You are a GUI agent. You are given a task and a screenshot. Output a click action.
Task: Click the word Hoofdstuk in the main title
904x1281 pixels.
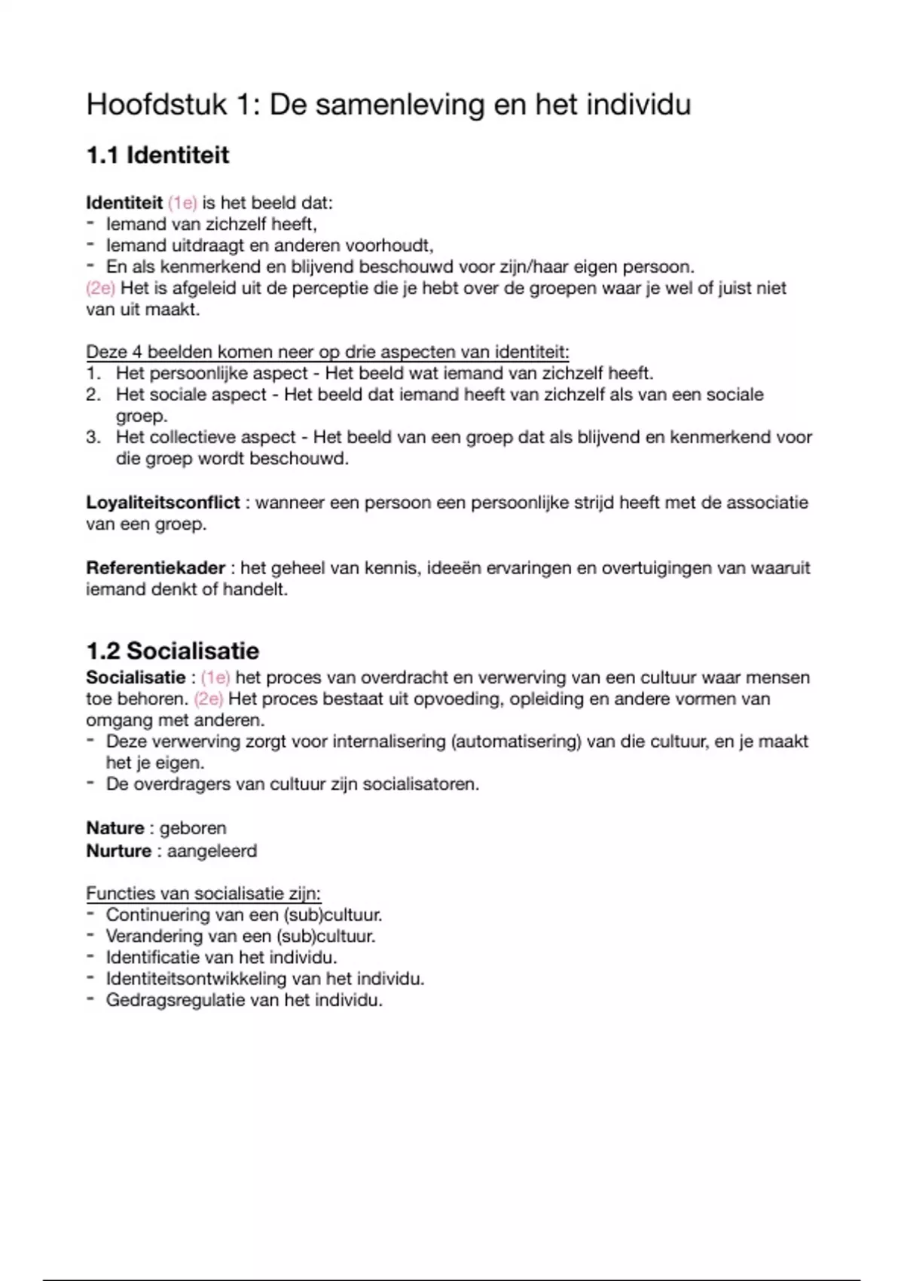(x=156, y=104)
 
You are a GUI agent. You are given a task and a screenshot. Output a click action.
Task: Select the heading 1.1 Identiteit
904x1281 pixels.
(x=157, y=155)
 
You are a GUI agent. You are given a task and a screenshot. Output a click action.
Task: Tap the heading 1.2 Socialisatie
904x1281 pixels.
(x=173, y=651)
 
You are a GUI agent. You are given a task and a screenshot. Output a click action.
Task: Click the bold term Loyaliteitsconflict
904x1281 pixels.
(x=163, y=503)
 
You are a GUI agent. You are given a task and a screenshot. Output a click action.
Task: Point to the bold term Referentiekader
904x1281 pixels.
(x=156, y=568)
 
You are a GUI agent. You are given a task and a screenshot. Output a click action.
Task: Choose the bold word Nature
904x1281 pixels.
(x=115, y=828)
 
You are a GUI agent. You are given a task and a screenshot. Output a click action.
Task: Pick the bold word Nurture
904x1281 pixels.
(x=119, y=851)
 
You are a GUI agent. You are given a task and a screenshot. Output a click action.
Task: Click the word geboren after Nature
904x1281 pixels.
(x=193, y=828)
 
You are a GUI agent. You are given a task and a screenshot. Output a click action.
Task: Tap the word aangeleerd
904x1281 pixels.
(x=212, y=851)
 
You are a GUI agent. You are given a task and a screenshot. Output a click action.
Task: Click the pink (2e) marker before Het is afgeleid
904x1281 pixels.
(x=100, y=288)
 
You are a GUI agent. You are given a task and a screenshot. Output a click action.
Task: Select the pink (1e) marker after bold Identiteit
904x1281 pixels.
(x=182, y=203)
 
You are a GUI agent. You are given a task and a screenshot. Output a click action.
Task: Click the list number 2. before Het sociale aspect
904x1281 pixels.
(x=93, y=395)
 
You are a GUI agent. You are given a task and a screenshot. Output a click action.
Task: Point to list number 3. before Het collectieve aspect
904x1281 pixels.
(x=93, y=437)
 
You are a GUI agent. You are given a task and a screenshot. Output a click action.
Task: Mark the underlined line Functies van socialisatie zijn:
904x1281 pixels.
(x=203, y=894)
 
